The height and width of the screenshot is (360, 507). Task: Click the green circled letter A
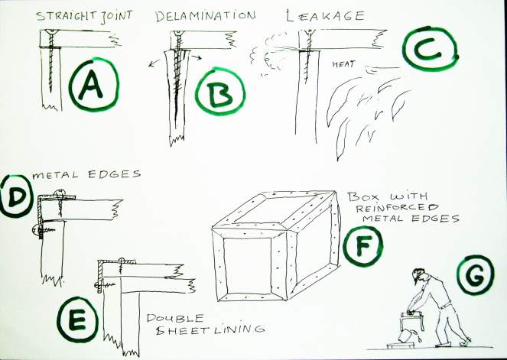tap(93, 85)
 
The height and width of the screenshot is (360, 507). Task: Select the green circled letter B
tap(220, 92)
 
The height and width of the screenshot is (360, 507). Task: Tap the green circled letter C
tap(432, 49)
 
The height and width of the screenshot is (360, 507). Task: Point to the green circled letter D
tap(16, 196)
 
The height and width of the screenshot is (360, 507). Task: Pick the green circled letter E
tap(77, 319)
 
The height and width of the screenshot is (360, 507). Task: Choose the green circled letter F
tap(362, 245)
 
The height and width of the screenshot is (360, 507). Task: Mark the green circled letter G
tap(476, 274)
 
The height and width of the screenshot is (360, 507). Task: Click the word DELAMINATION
tap(205, 16)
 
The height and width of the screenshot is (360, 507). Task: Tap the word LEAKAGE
tap(326, 15)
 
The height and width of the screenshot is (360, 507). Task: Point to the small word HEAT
tap(343, 64)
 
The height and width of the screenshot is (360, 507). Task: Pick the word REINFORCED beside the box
tap(397, 207)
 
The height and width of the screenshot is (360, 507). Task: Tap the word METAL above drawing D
tap(55, 175)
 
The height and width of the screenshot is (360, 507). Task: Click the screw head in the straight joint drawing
tap(52, 32)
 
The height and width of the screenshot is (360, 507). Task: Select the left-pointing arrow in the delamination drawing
tap(156, 63)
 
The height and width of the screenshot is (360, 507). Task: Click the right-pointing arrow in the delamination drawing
tap(195, 57)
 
